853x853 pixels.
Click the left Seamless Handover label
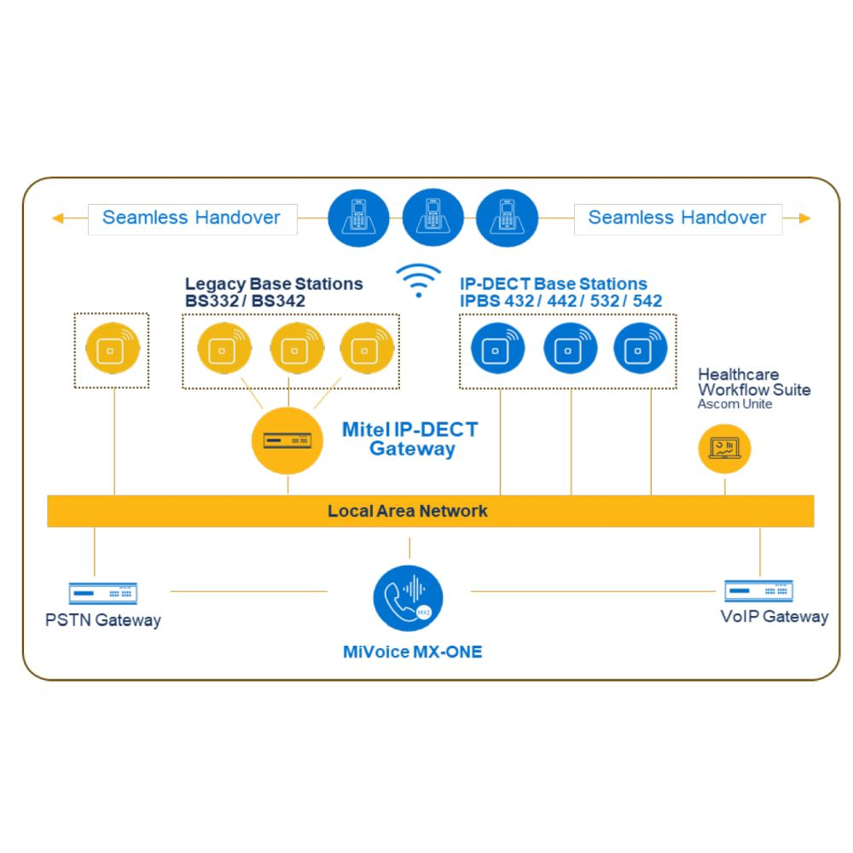tap(191, 218)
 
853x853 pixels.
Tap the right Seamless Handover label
tap(677, 218)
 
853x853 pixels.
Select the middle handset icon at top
tap(432, 218)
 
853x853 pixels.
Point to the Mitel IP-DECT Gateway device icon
tap(287, 440)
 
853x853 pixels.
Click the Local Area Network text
tap(408, 511)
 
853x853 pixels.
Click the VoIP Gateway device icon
tap(758, 590)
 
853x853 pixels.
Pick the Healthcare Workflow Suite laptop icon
tap(724, 448)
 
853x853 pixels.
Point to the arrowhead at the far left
tap(57, 218)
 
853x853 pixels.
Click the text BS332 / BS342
tap(245, 301)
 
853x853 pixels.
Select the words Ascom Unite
tap(734, 404)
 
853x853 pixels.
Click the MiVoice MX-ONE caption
tap(412, 653)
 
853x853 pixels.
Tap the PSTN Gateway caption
tap(103, 620)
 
